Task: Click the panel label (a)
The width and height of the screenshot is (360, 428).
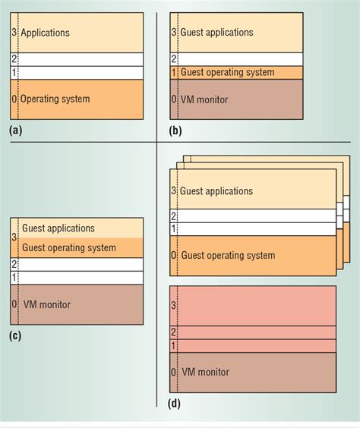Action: [15, 131]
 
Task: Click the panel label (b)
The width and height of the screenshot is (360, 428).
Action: [173, 131]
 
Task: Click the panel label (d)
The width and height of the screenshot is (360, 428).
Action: [174, 402]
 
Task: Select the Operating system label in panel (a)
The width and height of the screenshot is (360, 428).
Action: [55, 99]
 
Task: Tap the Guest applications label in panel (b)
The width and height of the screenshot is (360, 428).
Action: [216, 33]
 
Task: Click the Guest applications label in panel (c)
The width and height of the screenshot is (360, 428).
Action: [58, 228]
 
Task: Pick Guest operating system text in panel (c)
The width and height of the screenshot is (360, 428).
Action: [69, 247]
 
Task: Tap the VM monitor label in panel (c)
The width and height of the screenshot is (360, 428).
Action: [46, 304]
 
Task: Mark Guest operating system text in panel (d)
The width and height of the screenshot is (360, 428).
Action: [227, 256]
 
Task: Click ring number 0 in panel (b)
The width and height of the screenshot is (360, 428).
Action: [174, 99]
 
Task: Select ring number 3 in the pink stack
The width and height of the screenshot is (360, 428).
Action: [174, 305]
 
